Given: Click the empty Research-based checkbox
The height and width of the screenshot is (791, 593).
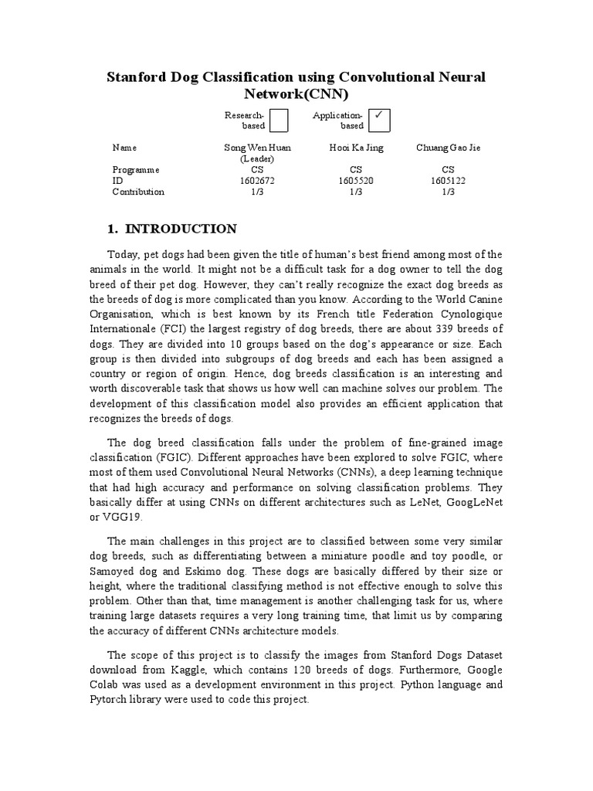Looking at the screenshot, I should [280, 121].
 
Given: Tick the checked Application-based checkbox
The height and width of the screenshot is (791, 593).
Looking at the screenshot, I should [379, 120].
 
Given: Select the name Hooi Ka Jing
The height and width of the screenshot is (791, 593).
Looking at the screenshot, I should [355, 148].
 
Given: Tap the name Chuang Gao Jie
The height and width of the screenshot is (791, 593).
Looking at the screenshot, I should [448, 148].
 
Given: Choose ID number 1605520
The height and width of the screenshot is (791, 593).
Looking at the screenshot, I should [355, 181].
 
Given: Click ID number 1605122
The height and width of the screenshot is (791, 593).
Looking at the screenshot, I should [448, 181].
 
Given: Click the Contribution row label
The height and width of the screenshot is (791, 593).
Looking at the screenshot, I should [138, 192].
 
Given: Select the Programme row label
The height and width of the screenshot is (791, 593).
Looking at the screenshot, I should [136, 169].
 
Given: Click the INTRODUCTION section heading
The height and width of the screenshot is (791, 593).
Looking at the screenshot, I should [181, 229].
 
